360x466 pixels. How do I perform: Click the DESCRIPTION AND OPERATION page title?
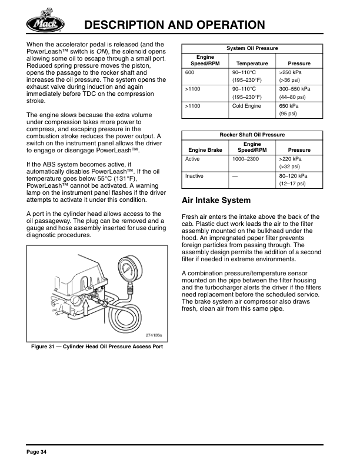(x=174, y=25)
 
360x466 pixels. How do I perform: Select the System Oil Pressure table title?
(x=252, y=48)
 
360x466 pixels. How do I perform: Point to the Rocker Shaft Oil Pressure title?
(x=252, y=135)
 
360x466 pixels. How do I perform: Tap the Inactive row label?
(x=194, y=176)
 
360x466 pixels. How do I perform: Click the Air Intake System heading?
(x=216, y=201)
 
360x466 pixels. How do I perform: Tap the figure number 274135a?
(x=153, y=335)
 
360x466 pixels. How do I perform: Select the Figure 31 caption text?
(x=96, y=347)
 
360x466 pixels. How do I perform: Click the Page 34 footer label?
(x=36, y=451)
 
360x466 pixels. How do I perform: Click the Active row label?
(x=192, y=159)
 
